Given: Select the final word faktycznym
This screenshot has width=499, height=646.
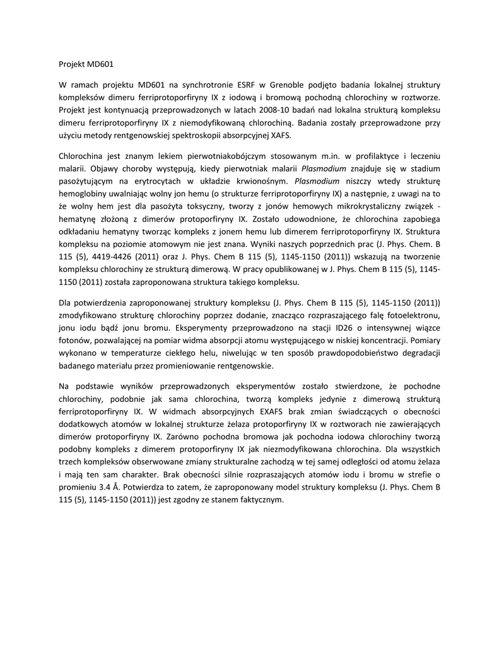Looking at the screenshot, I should [x=261, y=498].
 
